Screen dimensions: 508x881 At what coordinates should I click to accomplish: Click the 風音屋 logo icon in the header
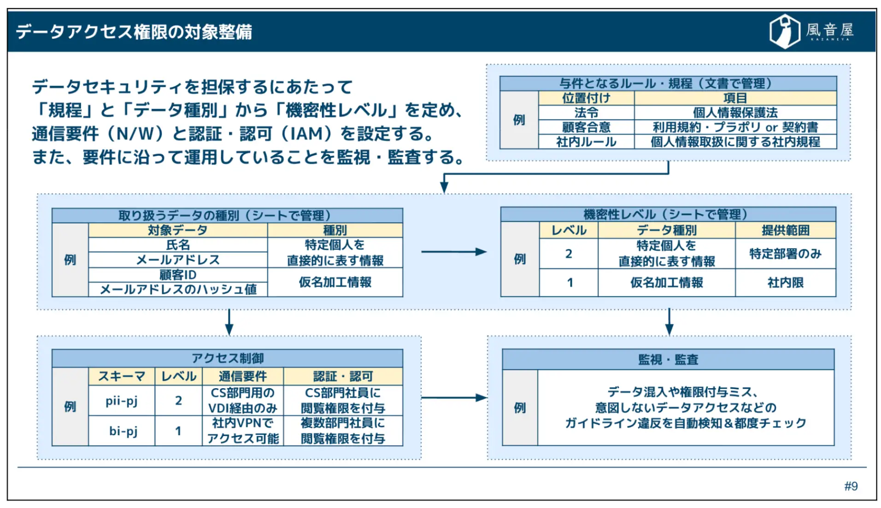(785, 31)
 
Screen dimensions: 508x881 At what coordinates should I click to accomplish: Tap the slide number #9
(851, 486)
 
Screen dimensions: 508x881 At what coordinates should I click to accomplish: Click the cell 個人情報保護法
(735, 112)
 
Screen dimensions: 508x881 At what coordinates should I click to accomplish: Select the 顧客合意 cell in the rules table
(586, 127)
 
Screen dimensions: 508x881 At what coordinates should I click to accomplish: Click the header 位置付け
(586, 98)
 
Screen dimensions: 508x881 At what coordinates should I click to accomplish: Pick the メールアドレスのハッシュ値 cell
(178, 289)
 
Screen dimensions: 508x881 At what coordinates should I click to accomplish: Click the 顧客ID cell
(178, 275)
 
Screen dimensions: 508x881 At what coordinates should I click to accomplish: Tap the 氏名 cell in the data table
(178, 245)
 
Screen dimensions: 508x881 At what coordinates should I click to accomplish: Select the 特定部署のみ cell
(785, 254)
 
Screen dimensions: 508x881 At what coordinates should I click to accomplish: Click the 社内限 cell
(785, 283)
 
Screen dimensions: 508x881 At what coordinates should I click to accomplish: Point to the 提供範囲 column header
(785, 230)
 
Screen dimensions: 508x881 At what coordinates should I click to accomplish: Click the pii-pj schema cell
(122, 401)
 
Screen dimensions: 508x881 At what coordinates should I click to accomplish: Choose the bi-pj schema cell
(123, 431)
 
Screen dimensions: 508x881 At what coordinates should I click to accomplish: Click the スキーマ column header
(122, 376)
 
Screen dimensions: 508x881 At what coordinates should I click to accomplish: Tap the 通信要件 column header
(243, 376)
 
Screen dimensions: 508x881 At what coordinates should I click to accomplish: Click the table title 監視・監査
(668, 360)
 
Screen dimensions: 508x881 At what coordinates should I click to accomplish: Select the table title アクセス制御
(228, 358)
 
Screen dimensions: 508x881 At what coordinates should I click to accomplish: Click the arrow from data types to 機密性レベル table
(453, 252)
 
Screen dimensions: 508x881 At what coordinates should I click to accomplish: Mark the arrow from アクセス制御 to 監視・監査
(453, 397)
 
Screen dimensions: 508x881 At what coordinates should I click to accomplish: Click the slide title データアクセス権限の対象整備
(134, 32)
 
